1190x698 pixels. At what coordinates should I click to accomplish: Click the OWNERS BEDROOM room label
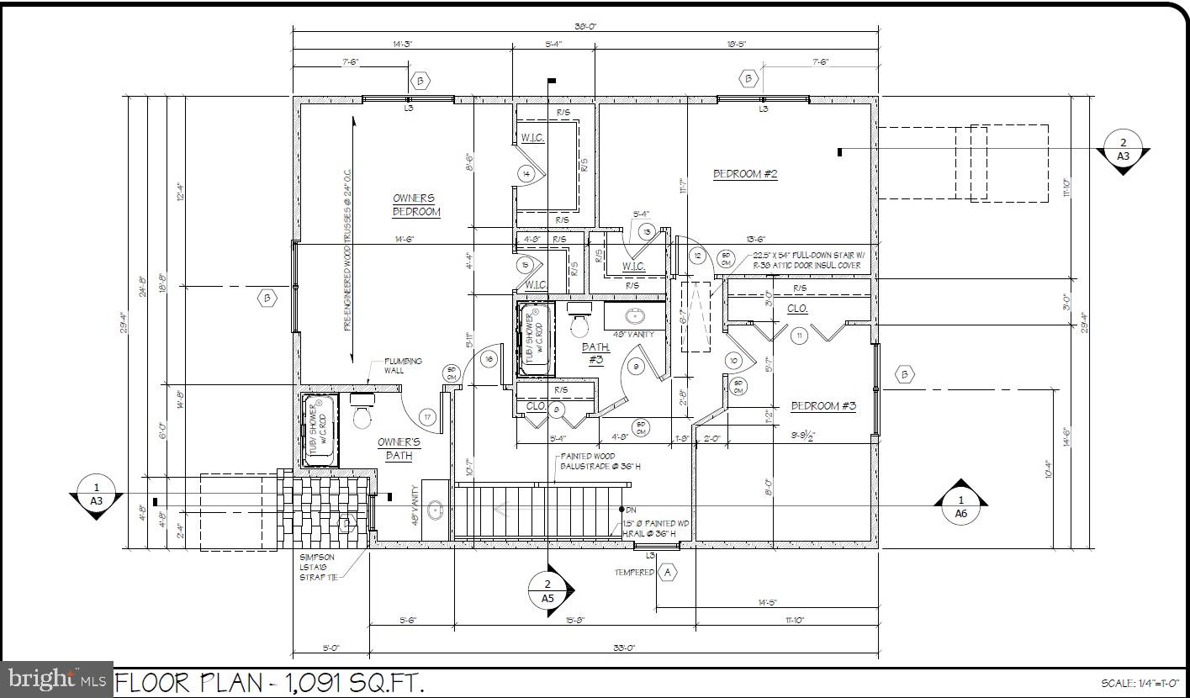click(x=416, y=205)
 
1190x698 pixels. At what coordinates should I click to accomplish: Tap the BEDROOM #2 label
click(x=745, y=174)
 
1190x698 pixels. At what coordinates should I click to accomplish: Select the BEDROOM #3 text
click(x=823, y=406)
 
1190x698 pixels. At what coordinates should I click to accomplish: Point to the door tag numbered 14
click(x=526, y=174)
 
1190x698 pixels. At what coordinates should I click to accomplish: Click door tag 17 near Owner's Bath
click(x=427, y=417)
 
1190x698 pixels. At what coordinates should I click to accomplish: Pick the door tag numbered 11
click(x=798, y=336)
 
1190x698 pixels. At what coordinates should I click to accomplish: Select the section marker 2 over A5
click(x=548, y=591)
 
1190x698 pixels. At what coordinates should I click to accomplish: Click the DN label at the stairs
click(x=631, y=510)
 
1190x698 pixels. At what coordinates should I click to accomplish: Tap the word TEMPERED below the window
click(x=633, y=573)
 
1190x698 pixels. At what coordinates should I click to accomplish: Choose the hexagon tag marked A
click(x=668, y=573)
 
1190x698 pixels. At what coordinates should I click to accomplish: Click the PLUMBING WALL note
click(x=404, y=366)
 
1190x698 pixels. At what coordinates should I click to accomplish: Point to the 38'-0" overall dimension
click(x=585, y=26)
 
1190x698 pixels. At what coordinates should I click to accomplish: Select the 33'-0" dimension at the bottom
click(x=624, y=648)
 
